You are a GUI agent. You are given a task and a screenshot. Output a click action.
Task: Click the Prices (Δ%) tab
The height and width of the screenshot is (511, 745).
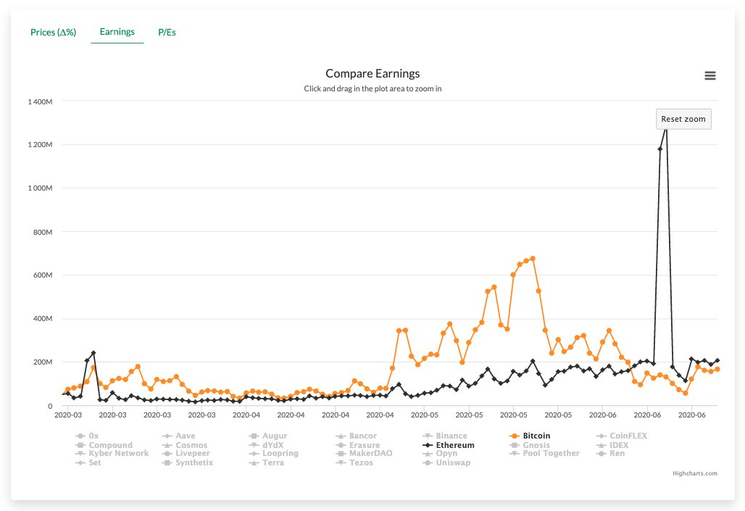coord(53,33)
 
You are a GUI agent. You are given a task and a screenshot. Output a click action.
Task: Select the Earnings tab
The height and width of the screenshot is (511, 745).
coord(117,32)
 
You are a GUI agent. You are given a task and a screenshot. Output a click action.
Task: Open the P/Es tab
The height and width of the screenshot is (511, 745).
coord(167,33)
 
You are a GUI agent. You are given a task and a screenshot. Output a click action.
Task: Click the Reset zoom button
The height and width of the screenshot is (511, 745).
coord(683,119)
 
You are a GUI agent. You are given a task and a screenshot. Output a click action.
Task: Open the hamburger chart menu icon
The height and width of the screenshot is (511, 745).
coord(709,75)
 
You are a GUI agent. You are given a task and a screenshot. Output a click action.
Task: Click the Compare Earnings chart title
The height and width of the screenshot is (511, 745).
coord(372,73)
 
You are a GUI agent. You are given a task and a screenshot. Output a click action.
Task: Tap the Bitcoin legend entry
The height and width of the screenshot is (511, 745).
coord(529,436)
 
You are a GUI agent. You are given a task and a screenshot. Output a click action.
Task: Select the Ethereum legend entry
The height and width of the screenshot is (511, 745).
coord(448,445)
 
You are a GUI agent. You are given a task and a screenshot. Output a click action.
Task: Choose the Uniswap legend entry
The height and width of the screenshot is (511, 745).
coord(446,462)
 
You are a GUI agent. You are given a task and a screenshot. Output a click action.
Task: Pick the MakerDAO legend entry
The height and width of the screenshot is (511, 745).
coord(364,453)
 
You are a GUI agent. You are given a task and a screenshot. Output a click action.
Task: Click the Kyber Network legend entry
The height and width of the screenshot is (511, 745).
coord(112,453)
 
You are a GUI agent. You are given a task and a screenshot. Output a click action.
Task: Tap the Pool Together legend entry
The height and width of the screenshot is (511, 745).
coord(544,453)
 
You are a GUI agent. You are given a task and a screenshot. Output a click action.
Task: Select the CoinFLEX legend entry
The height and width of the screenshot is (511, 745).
coord(622,436)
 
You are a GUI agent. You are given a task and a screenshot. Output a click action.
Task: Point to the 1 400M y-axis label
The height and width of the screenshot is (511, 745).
coord(40,101)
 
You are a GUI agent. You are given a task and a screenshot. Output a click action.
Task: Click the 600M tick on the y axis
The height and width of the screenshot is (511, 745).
coord(43,275)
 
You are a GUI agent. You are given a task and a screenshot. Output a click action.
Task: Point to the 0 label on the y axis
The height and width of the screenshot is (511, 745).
coord(50,406)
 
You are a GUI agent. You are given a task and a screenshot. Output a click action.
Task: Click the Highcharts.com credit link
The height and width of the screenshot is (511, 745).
coord(695,473)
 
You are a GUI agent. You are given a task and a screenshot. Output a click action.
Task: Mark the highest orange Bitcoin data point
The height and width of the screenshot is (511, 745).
coord(533,259)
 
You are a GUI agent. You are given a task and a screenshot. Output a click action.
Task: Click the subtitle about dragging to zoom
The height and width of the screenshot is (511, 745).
coord(372,89)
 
